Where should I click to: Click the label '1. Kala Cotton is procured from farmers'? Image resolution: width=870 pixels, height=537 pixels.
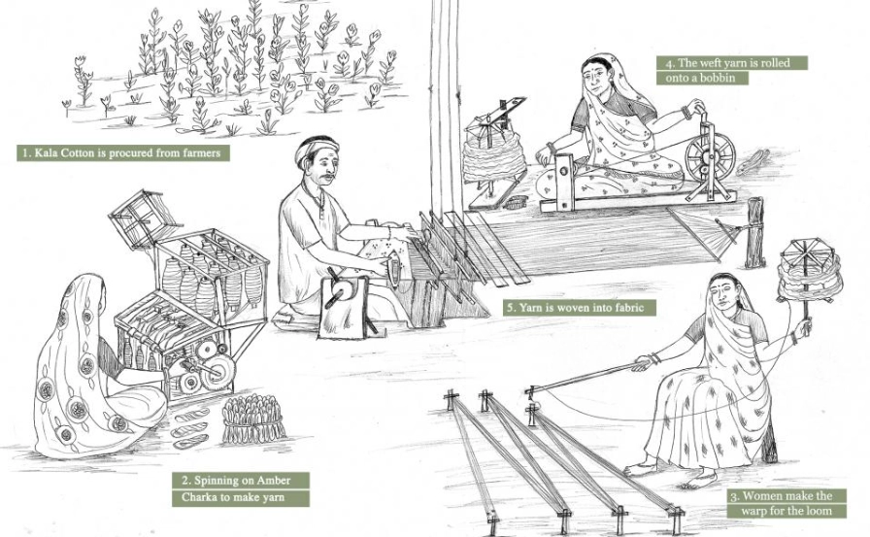(x=124, y=152)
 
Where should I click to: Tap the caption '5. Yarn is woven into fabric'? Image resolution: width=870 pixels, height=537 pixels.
(x=580, y=307)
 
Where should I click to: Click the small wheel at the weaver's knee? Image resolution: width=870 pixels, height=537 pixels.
(x=342, y=289)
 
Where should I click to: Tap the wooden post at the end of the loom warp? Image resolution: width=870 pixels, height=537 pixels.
(x=754, y=233)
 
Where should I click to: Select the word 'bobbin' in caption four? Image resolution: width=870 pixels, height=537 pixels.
(x=715, y=79)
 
